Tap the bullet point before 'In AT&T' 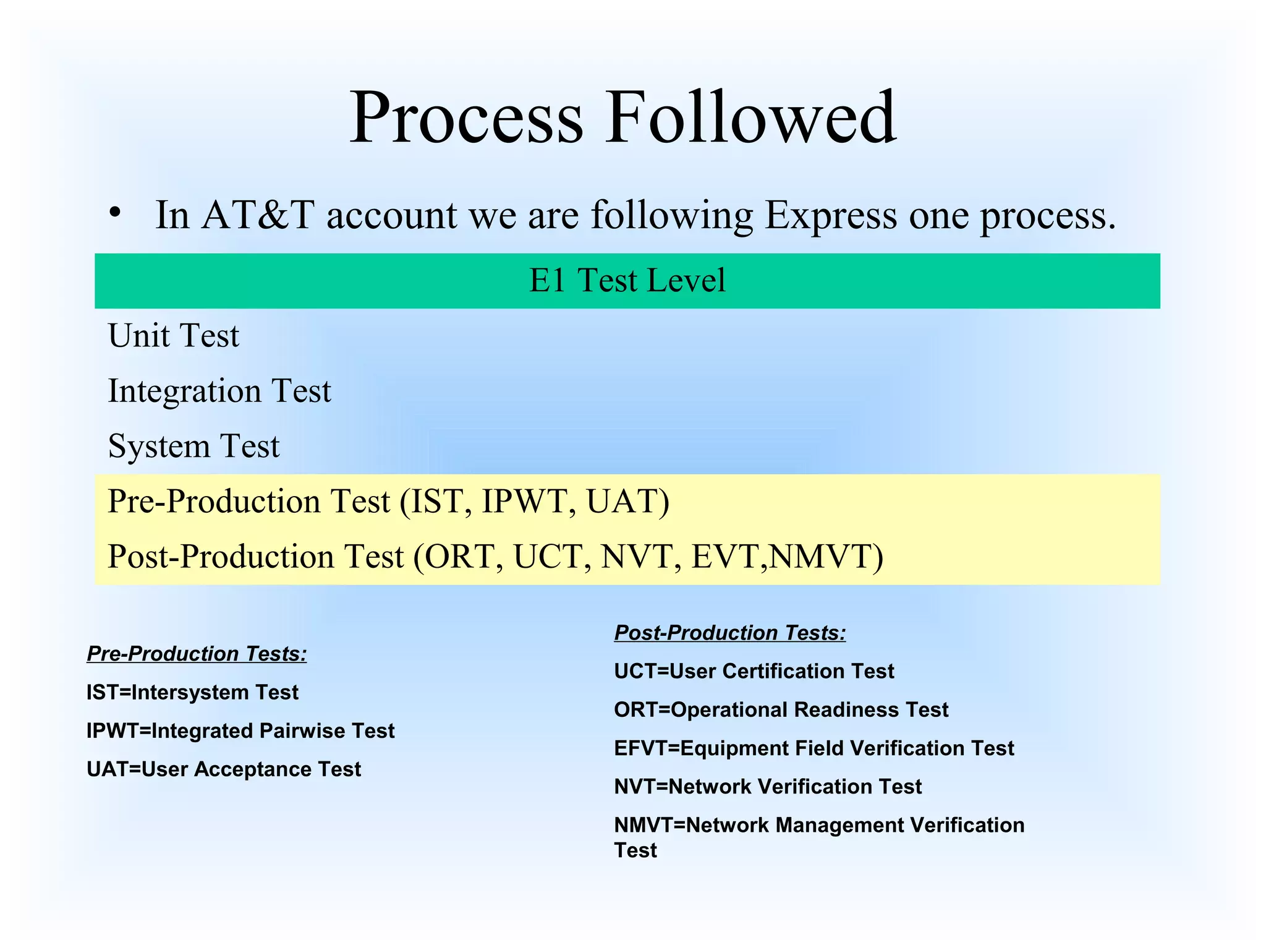tap(114, 212)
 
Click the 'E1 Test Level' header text tap(627, 280)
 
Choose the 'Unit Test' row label tap(174, 336)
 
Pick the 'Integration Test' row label tap(219, 391)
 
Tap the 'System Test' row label tap(193, 446)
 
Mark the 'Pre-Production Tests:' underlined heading tap(197, 654)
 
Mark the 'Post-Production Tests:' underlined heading tap(730, 633)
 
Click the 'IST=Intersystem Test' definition tap(192, 692)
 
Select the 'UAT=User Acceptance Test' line tap(224, 769)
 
